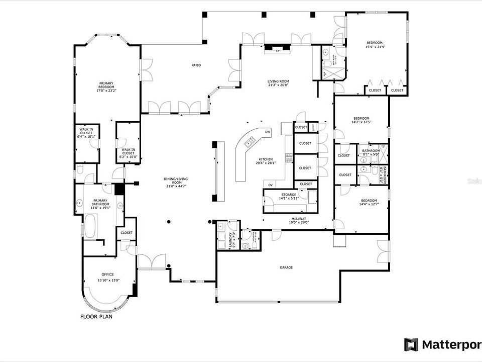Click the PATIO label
(196, 65)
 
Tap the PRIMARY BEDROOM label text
(106, 87)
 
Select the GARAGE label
(286, 267)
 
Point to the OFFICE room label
(108, 274)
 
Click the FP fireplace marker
(277, 51)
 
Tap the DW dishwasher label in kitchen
(268, 132)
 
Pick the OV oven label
(270, 185)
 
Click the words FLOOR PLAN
(97, 317)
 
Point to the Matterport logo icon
(411, 344)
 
